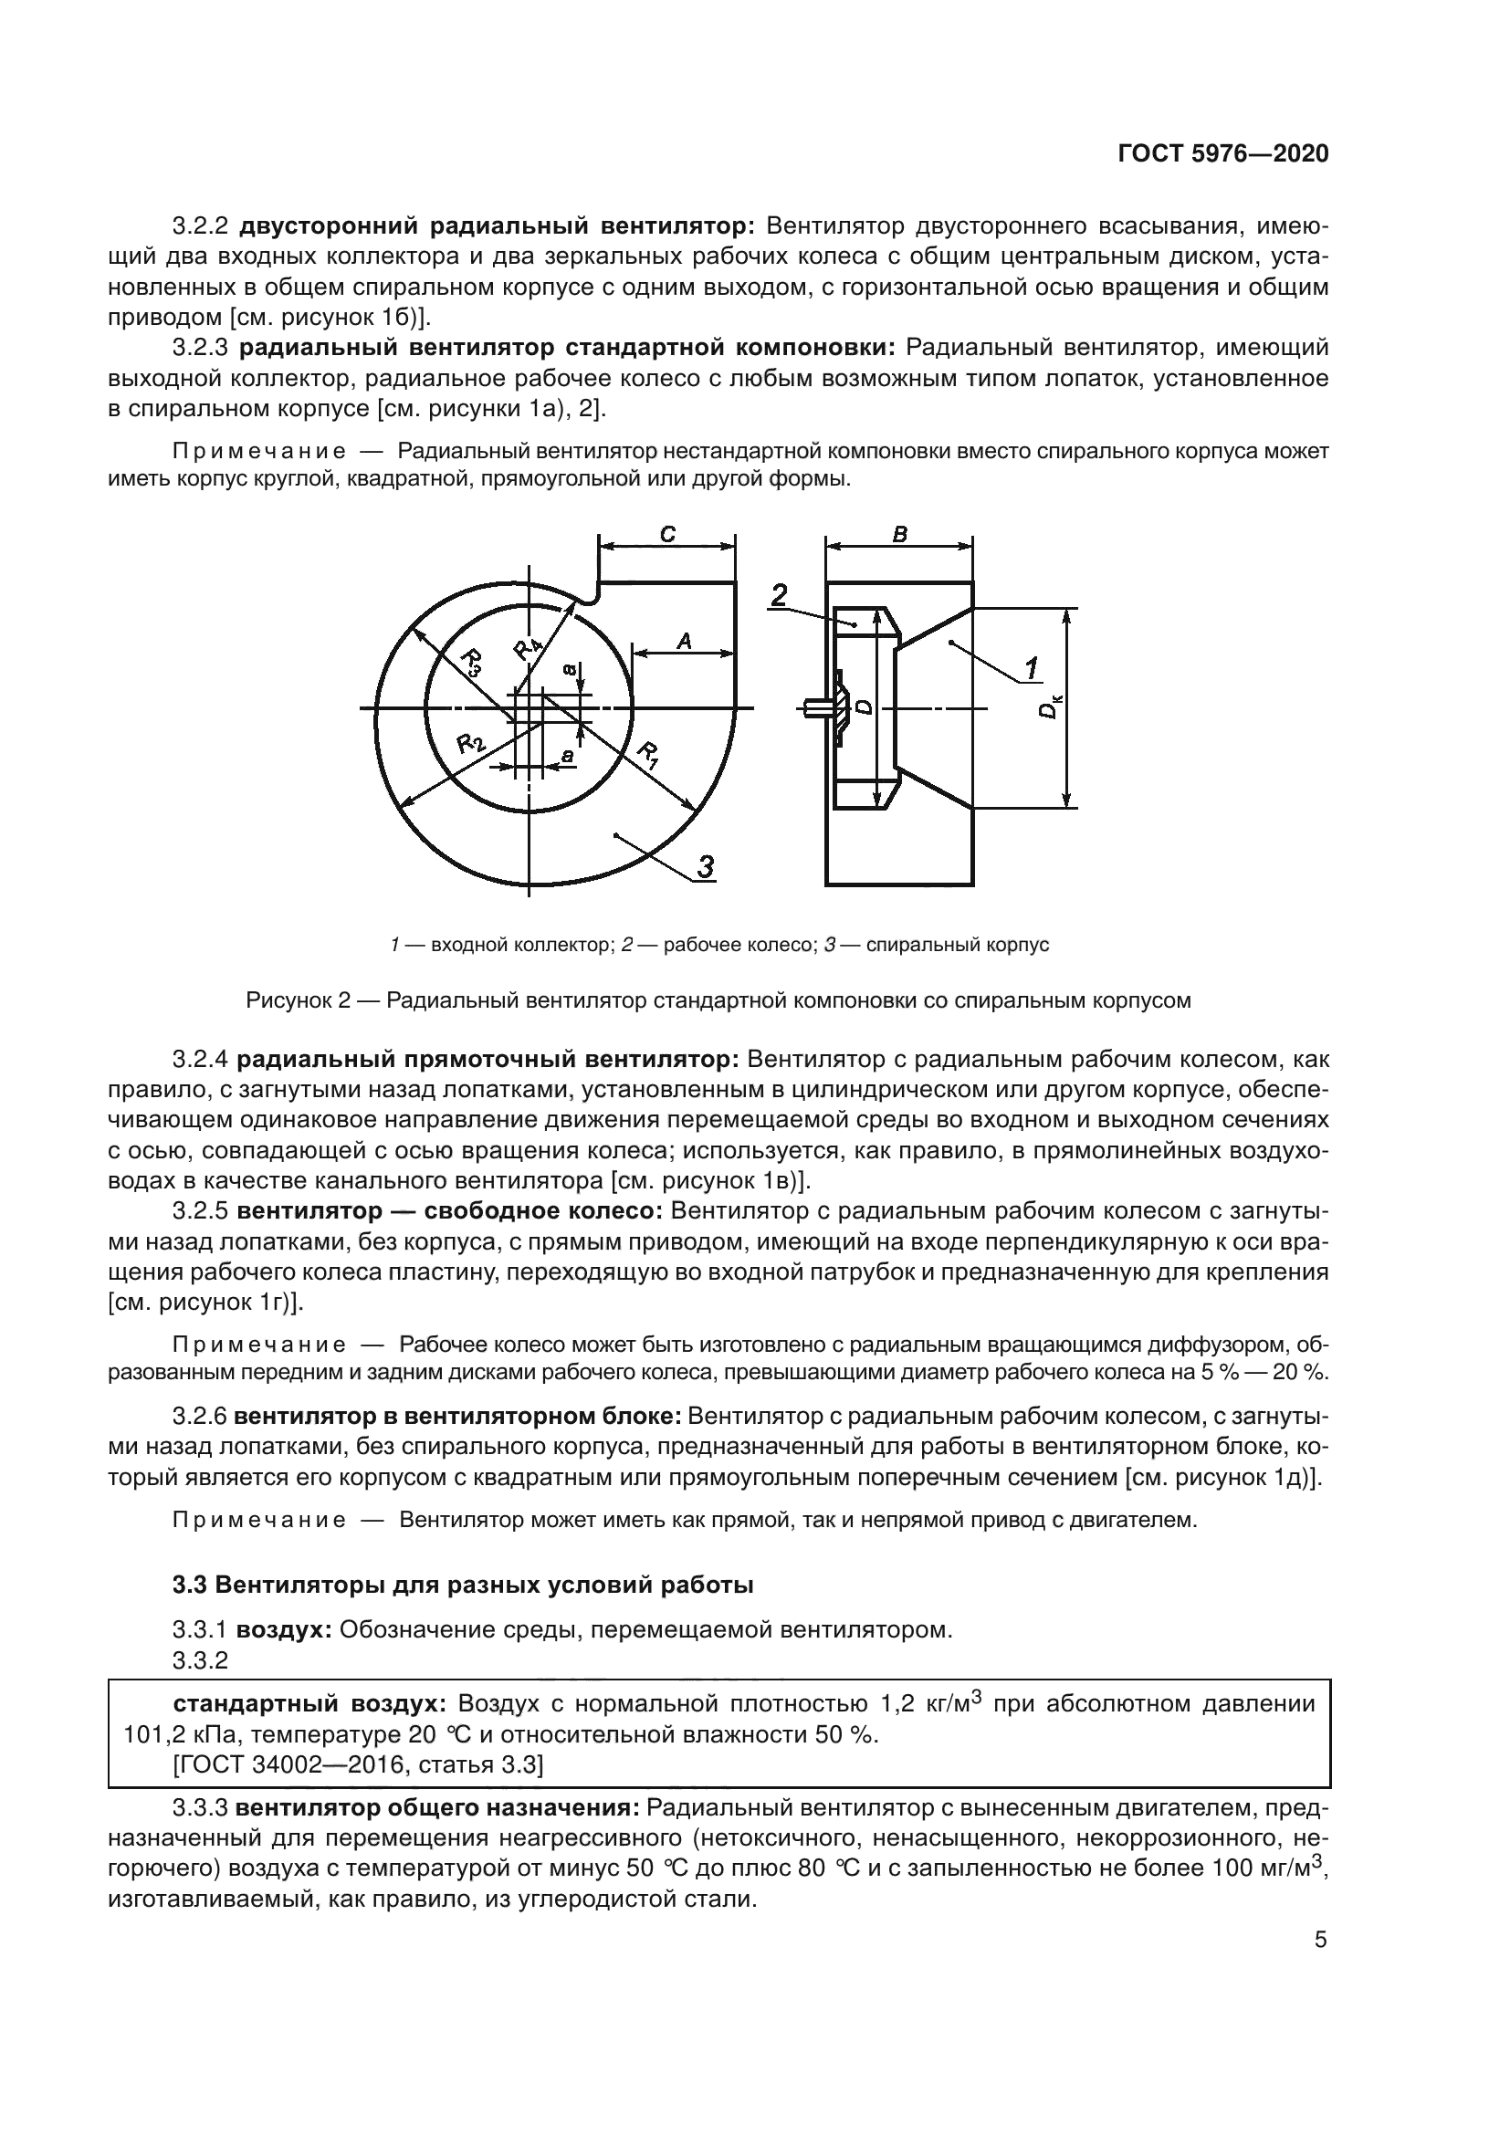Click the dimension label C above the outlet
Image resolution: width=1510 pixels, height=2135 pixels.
coord(667,534)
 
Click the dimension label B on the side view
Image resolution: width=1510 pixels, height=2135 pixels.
coord(899,535)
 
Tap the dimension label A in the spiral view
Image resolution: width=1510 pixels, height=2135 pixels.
coord(684,640)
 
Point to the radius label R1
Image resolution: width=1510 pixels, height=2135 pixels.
coord(647,756)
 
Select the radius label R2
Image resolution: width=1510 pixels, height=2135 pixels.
coord(470,744)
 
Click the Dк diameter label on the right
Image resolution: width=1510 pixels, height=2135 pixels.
coord(1049,708)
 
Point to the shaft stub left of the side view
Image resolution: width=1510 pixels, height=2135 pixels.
coord(814,708)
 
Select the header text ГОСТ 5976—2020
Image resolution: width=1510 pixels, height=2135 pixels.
coord(1222,154)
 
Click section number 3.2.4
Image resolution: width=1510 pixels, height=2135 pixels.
coord(201,1059)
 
